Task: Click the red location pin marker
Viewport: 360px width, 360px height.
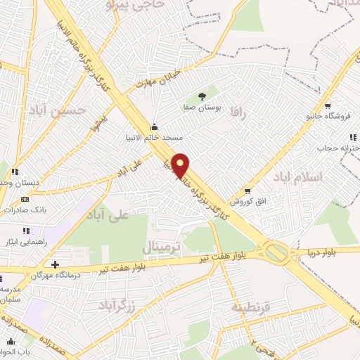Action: [x=181, y=165]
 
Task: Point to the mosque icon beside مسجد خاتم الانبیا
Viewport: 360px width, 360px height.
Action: [x=155, y=127]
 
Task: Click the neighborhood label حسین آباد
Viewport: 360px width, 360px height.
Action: [x=63, y=110]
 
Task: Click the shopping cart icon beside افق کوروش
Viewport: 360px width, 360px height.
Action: [x=247, y=191]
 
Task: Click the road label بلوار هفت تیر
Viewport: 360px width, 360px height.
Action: [x=132, y=264]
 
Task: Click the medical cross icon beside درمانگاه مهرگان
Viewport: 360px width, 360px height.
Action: [x=56, y=264]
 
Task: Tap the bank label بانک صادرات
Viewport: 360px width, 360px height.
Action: [x=25, y=209]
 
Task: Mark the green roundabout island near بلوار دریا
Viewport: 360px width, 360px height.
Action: [x=278, y=251]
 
